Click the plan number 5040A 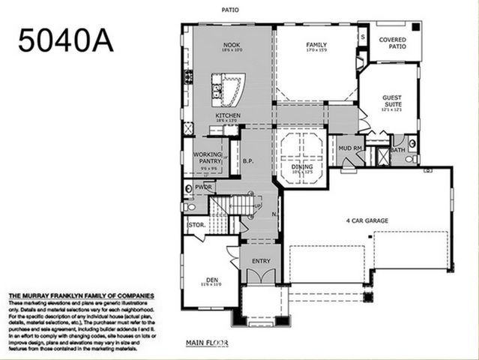(x=66, y=40)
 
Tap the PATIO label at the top (x=230, y=10)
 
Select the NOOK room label (x=231, y=45)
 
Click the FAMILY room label (x=317, y=45)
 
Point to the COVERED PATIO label (x=393, y=43)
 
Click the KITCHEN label (x=228, y=115)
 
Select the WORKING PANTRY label (x=208, y=157)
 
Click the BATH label (x=397, y=149)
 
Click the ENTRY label (x=261, y=260)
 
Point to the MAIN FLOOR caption (x=207, y=343)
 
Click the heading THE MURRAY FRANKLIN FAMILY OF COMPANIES (x=81, y=296)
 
